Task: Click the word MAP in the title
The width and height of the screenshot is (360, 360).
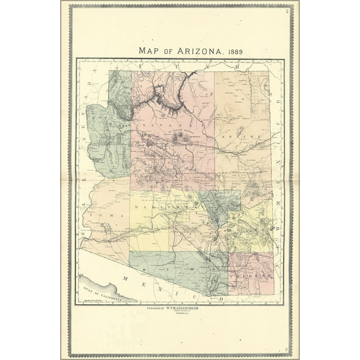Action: click(x=148, y=51)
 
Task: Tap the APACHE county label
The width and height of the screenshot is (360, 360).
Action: click(x=241, y=137)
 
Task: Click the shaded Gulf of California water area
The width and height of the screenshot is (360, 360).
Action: click(x=96, y=284)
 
